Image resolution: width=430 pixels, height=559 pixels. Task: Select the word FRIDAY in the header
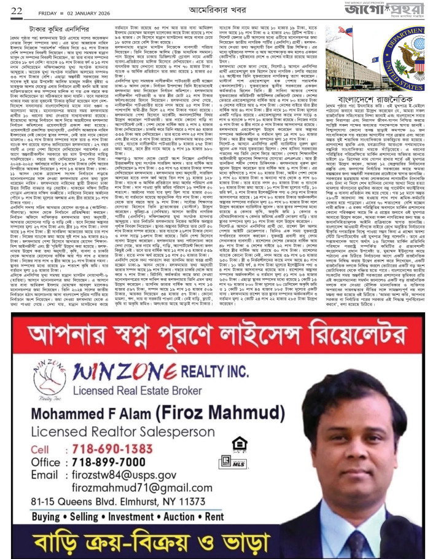[45, 10]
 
